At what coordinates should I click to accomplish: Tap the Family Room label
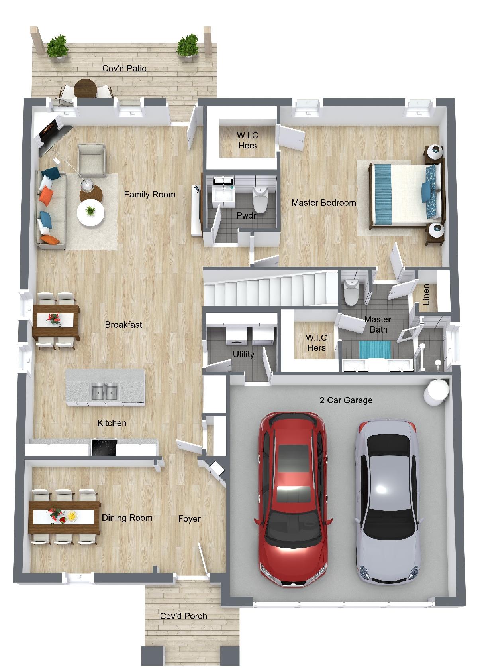(x=149, y=195)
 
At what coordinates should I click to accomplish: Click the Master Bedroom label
(x=324, y=203)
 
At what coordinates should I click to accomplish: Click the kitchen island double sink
(x=104, y=391)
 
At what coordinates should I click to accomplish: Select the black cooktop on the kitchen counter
(x=104, y=447)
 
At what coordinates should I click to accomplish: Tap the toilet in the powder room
(x=260, y=198)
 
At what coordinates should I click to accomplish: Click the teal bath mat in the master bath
(x=375, y=349)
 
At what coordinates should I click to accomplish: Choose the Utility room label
(x=243, y=354)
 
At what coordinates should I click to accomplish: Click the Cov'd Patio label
(x=124, y=69)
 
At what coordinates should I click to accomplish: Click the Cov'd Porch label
(x=183, y=616)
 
